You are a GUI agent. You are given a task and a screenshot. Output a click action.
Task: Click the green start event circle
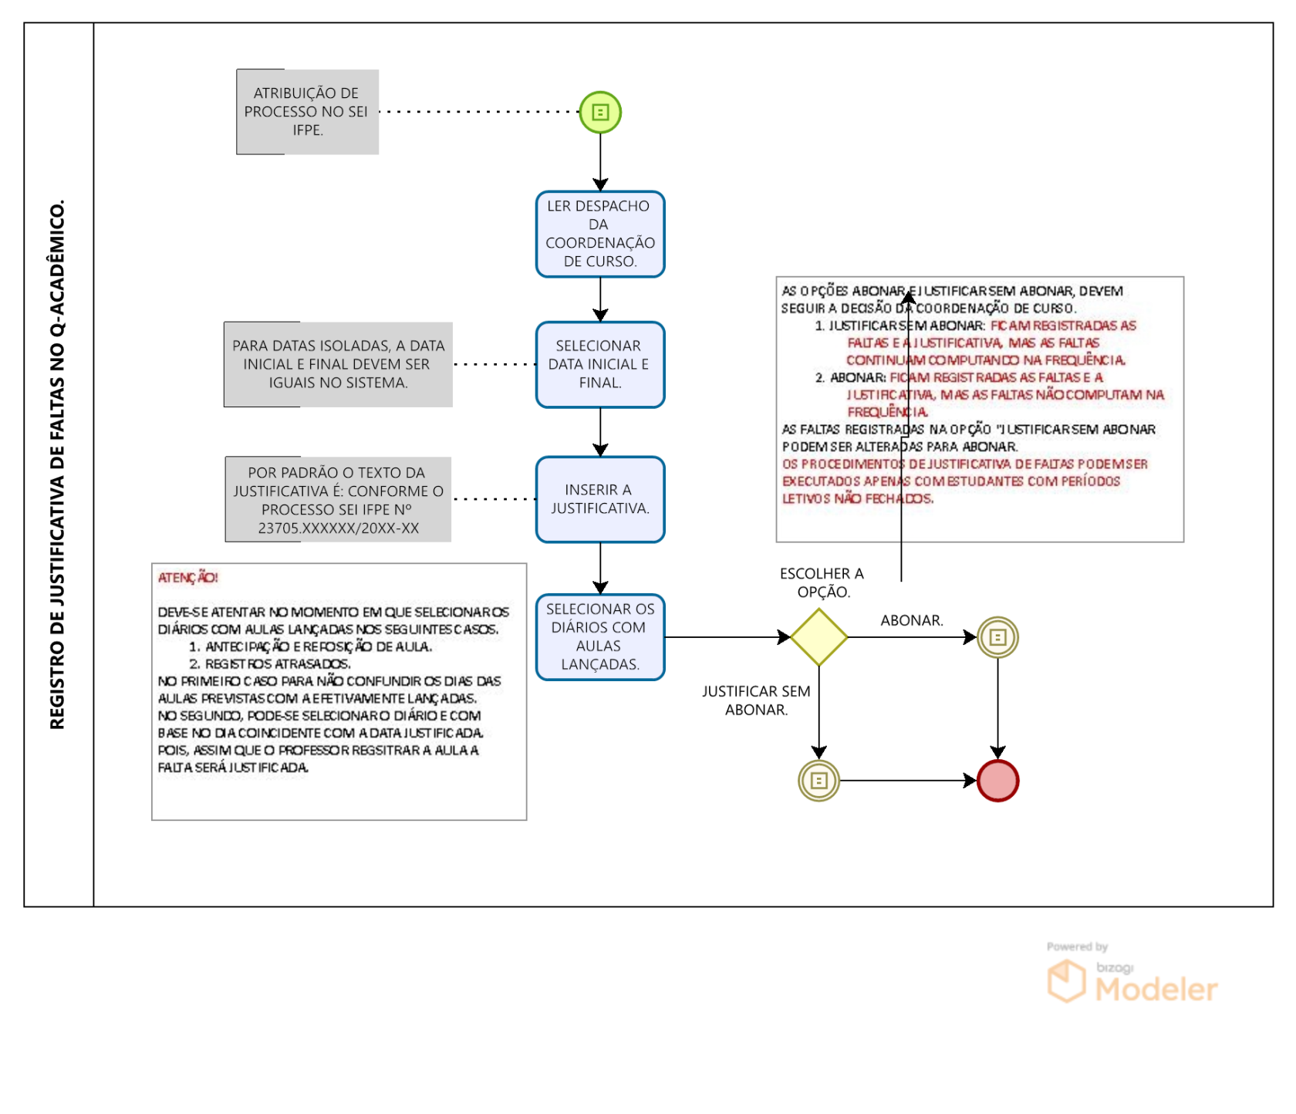[x=600, y=113]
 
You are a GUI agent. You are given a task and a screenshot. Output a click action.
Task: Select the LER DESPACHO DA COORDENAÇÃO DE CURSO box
[x=600, y=234]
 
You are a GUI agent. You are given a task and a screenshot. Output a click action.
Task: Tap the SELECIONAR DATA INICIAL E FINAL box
[x=600, y=364]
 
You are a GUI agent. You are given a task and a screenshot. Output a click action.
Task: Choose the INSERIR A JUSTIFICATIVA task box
[x=600, y=499]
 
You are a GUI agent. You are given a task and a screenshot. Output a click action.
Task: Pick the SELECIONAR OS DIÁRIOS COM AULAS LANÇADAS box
[x=600, y=636]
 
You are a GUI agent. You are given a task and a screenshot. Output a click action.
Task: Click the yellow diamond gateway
[x=819, y=637]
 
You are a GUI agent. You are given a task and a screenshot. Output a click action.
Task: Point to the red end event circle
[x=997, y=781]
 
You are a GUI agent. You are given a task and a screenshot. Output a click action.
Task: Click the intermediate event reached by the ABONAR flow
[x=997, y=637]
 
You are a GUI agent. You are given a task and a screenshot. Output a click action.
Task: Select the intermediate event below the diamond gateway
[x=818, y=781]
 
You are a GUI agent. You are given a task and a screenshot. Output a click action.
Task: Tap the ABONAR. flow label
[x=912, y=620]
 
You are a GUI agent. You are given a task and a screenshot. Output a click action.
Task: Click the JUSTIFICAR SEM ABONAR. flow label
[x=756, y=700]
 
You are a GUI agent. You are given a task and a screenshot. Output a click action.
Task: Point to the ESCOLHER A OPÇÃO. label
[x=822, y=582]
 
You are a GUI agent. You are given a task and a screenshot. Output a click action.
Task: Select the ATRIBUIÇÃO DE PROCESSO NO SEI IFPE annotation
[x=307, y=112]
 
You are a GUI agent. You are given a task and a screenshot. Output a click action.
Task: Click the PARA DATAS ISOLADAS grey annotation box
[x=338, y=364]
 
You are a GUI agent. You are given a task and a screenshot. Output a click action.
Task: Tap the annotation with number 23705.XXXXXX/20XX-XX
[x=338, y=499]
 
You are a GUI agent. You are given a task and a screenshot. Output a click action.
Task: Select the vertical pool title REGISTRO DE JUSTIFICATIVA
[x=57, y=464]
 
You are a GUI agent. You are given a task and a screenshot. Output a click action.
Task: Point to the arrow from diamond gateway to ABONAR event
[x=913, y=637]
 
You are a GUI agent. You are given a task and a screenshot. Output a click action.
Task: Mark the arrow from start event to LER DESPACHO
[x=600, y=162]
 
